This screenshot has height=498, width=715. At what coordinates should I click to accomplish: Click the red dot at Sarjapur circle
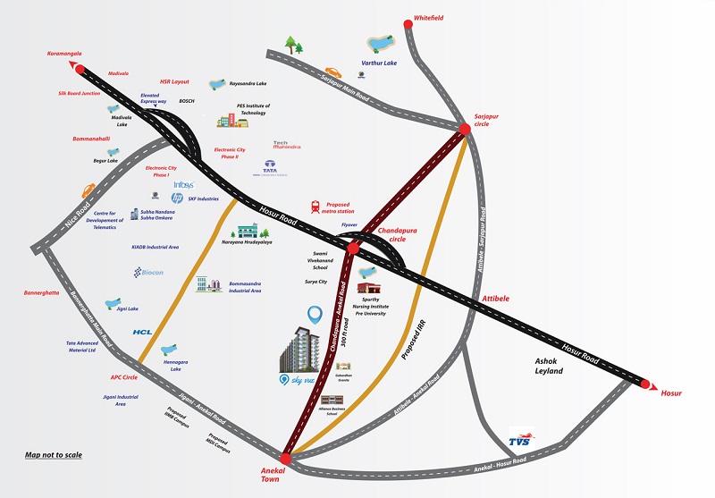(465, 130)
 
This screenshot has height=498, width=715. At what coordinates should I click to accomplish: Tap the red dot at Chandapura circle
(354, 246)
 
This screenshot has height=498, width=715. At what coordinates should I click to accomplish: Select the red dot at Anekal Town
(286, 458)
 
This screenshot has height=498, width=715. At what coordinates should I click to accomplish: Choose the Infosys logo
(183, 184)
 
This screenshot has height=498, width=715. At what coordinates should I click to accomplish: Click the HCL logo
(144, 332)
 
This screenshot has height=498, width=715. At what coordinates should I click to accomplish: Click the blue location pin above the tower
(314, 315)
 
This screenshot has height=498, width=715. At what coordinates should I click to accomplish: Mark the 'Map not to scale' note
(54, 455)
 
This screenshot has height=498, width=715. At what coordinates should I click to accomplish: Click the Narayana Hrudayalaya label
(248, 242)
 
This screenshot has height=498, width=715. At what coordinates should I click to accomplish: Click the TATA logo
(269, 167)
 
